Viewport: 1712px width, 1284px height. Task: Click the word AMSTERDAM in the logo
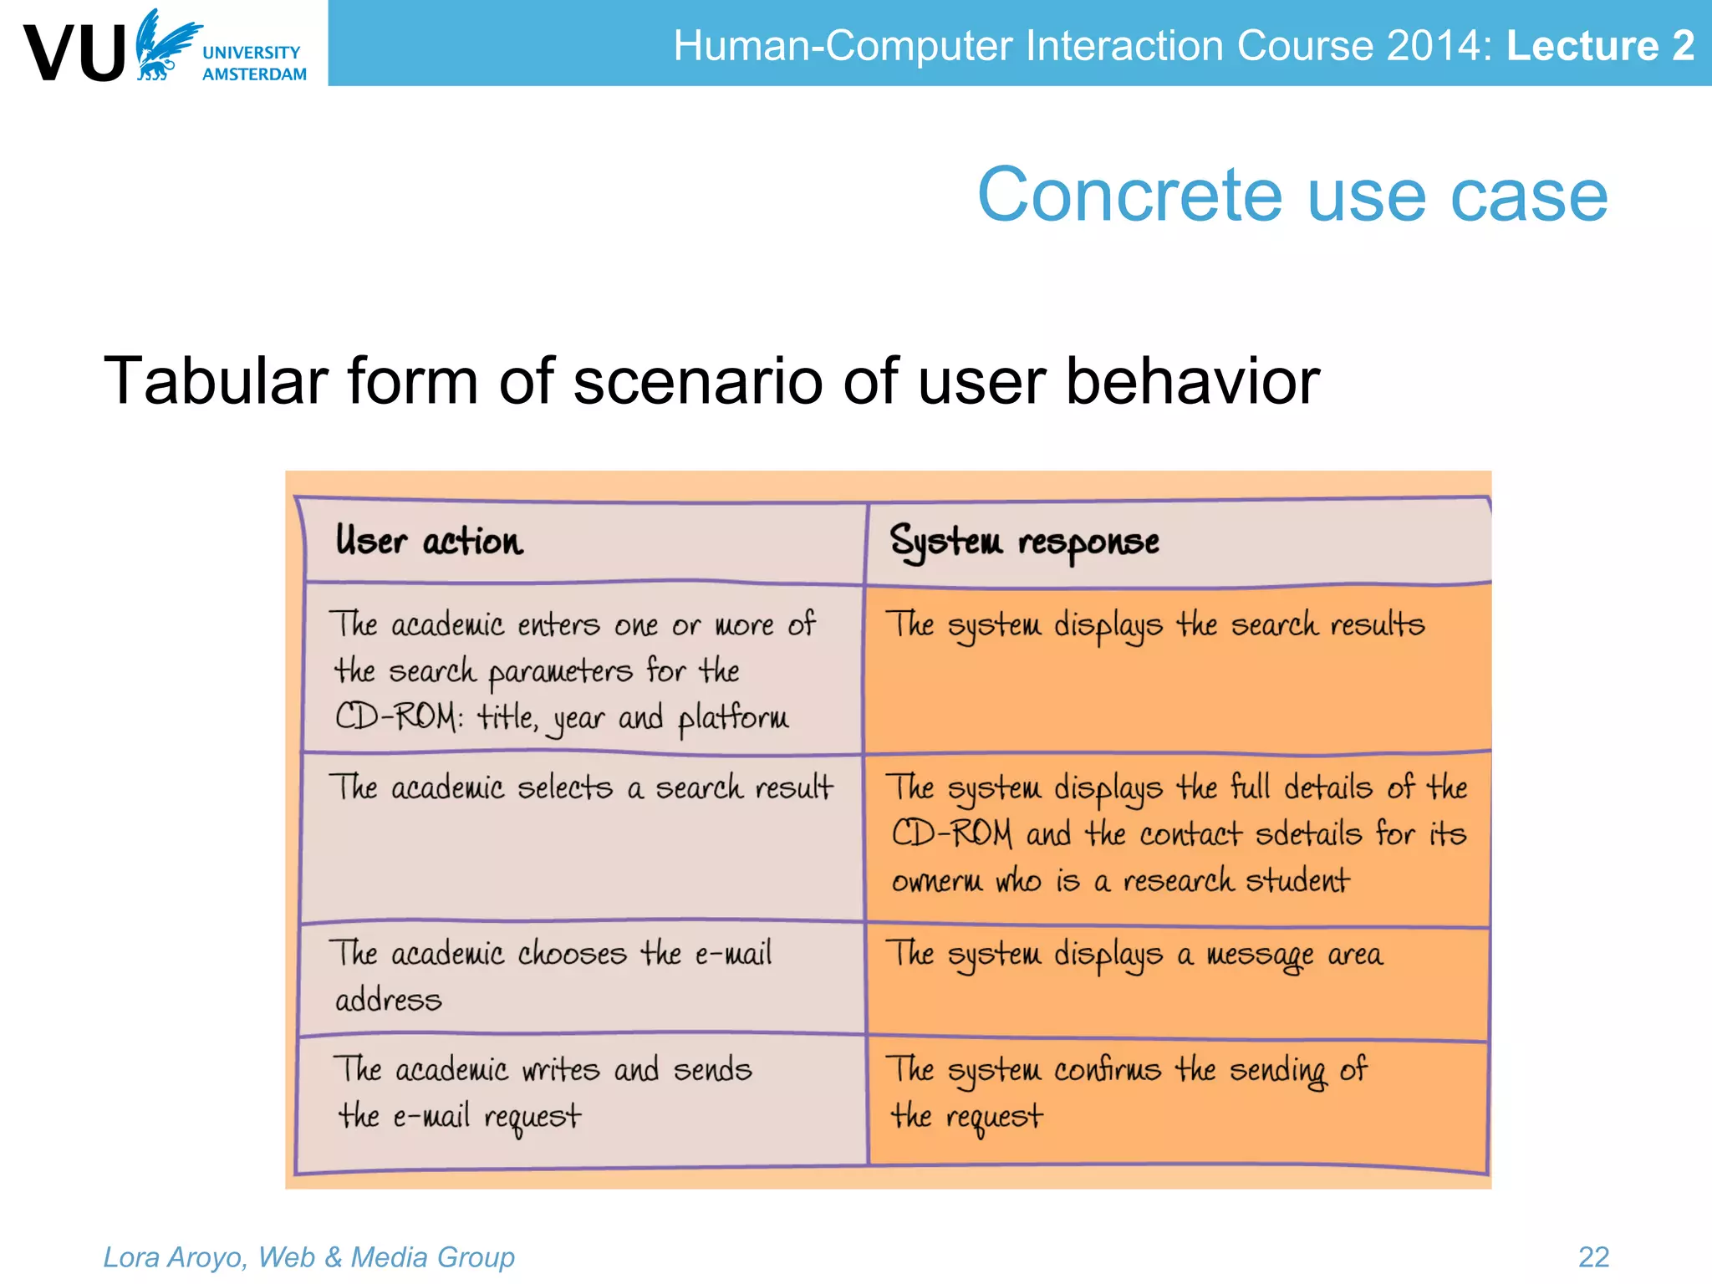pos(254,74)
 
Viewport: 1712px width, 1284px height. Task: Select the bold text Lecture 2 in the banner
pos(1600,45)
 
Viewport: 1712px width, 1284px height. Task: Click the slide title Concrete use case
pos(1292,195)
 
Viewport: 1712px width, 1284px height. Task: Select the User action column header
pos(429,542)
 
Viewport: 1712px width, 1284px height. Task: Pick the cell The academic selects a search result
pos(581,788)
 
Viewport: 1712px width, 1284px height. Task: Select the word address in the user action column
pos(388,1000)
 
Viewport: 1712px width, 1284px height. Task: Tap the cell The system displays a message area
pos(1134,955)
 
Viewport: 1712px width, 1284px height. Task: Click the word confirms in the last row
pos(1107,1070)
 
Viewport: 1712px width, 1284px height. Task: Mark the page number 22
pos(1593,1257)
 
